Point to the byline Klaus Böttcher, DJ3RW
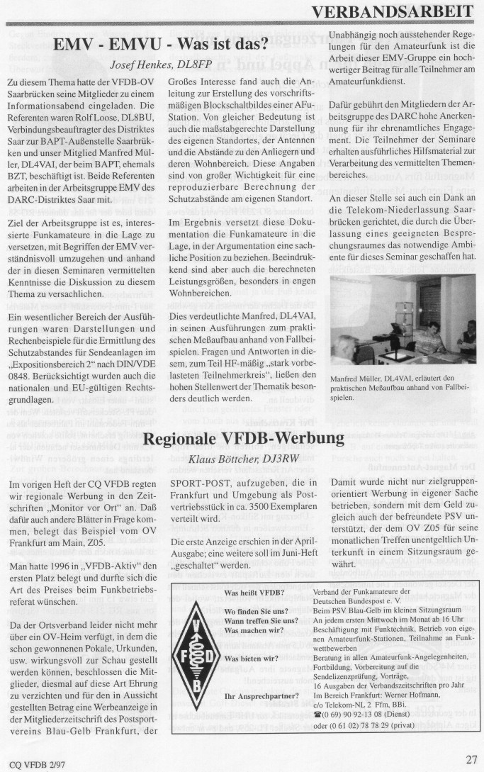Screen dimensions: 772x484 [244, 458]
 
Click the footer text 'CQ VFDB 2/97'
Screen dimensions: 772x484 [29, 764]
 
